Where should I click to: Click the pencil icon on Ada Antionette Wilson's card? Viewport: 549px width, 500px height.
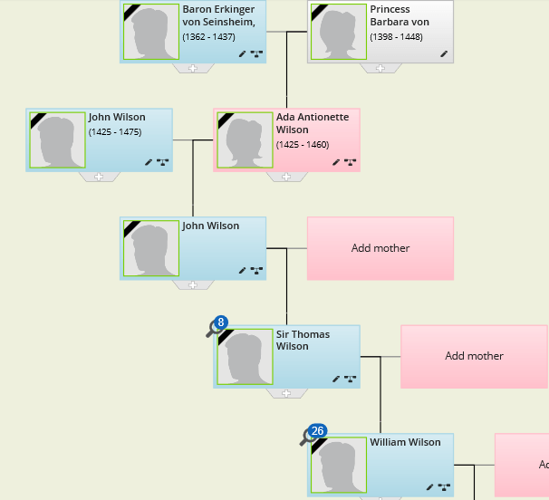point(336,162)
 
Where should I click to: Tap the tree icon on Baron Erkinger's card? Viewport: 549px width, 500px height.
point(256,53)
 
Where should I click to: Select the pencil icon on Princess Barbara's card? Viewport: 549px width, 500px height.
point(444,53)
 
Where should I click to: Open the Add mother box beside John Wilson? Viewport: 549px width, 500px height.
point(380,247)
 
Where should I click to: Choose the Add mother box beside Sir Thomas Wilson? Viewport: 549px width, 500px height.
point(474,356)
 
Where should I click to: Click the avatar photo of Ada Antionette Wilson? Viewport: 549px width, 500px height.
point(244,140)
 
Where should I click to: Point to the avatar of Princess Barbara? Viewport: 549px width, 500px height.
point(337,32)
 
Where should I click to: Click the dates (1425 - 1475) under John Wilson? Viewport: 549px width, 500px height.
point(115,132)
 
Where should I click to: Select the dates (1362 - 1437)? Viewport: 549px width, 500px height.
point(208,37)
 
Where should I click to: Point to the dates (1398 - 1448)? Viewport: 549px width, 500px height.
point(396,37)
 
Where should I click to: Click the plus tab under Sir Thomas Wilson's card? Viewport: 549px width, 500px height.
point(286,393)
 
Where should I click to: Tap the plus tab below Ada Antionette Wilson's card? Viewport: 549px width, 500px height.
point(286,176)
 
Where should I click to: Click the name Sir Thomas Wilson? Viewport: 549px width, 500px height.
point(303,340)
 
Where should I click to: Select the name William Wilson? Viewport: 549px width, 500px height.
point(405,443)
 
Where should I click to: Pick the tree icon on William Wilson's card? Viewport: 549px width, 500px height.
point(444,486)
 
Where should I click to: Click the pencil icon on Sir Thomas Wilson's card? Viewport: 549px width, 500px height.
point(336,378)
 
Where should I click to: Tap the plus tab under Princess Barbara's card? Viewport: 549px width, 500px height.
point(380,68)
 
